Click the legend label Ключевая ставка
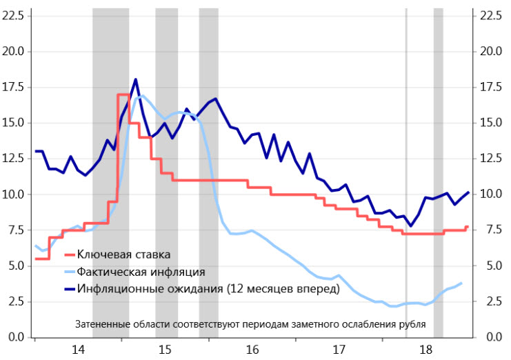click(123, 255)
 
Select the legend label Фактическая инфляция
click(141, 272)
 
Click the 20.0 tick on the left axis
click(14, 52)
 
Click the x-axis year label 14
click(78, 350)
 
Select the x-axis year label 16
click(252, 350)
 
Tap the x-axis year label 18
click(426, 350)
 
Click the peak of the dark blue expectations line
click(135, 79)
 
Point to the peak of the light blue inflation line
click(141, 96)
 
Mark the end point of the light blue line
click(461, 283)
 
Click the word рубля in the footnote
click(411, 323)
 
